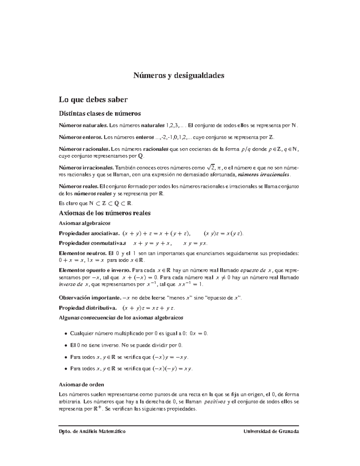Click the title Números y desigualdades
pyautogui.click(x=179, y=75)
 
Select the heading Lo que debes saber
pyautogui.click(x=93, y=99)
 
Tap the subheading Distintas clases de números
pyautogui.click(x=100, y=113)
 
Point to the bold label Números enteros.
pyautogui.click(x=80, y=137)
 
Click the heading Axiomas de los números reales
pyautogui.click(x=105, y=213)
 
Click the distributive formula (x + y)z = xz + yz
pyautogui.click(x=148, y=308)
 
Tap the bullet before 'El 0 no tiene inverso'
pyautogui.click(x=66, y=345)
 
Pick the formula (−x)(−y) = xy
pyautogui.click(x=172, y=369)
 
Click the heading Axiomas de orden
pyautogui.click(x=81, y=385)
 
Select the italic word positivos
pyautogui.click(x=214, y=402)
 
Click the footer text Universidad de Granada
pyautogui.click(x=271, y=431)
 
